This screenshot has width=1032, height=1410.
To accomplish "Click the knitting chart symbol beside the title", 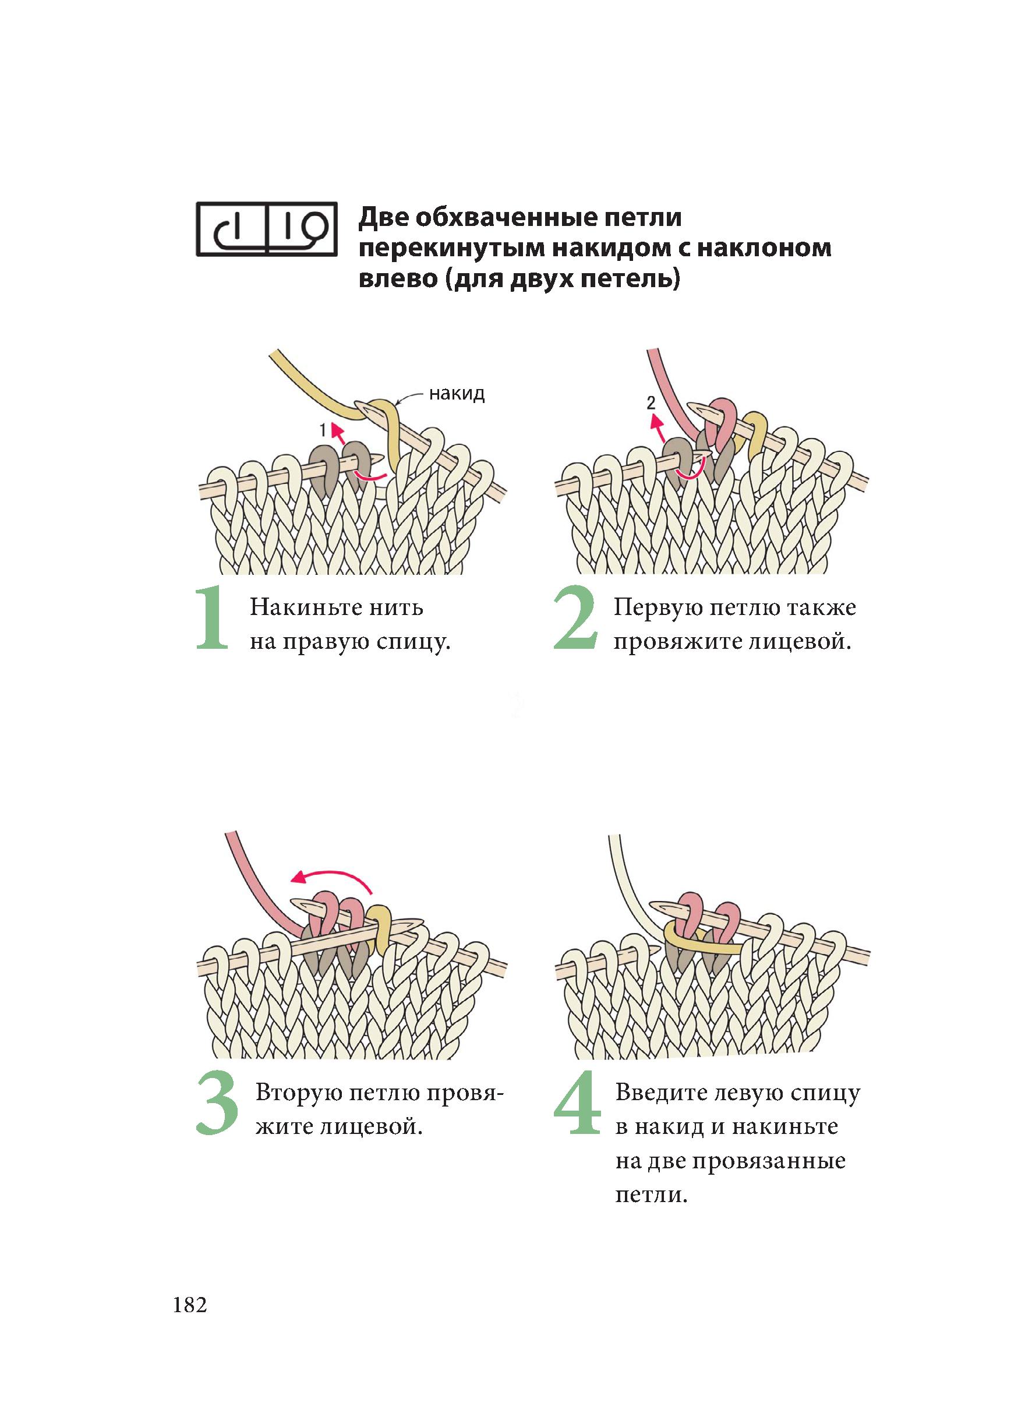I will pos(266,229).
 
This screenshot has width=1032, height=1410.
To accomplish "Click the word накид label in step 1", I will pos(457,394).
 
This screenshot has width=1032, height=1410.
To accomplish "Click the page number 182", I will pos(190,1306).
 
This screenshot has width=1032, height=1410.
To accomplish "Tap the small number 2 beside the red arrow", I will pos(651,403).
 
